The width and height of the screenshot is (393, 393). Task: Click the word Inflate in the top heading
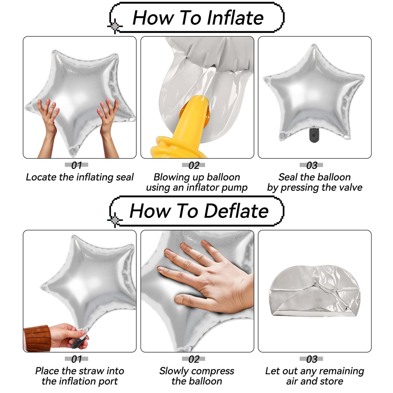click(235, 18)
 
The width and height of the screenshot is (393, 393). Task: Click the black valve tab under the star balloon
click(314, 135)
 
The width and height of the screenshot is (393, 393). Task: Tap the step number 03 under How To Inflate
click(312, 165)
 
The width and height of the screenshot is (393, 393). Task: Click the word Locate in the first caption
click(41, 177)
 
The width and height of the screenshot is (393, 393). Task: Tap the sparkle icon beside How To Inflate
click(115, 26)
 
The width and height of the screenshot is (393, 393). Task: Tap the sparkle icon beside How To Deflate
click(115, 220)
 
